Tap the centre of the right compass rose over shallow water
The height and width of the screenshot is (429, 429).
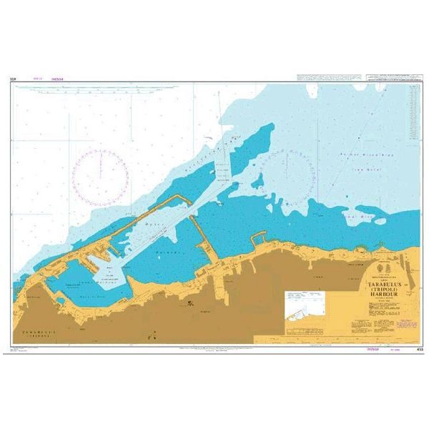286,174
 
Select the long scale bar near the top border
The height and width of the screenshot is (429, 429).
100,88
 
